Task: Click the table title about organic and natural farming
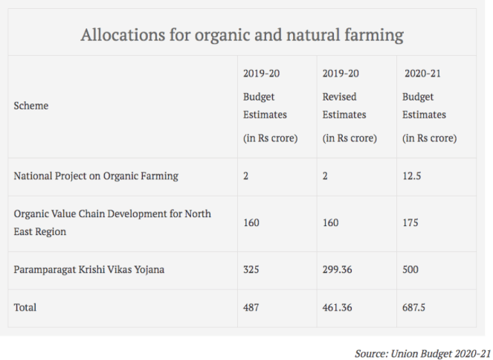point(242,35)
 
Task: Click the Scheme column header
point(31,106)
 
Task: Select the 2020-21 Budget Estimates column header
point(428,106)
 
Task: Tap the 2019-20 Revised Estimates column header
point(349,106)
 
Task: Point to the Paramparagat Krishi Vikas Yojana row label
point(89,270)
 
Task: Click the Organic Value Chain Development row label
point(112,222)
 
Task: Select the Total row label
point(25,307)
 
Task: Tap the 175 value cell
point(410,223)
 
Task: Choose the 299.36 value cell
point(338,270)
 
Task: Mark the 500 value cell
point(411,270)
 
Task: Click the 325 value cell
point(252,270)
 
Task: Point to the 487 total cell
point(251,307)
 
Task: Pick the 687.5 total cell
point(414,307)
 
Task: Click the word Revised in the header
point(339,97)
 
